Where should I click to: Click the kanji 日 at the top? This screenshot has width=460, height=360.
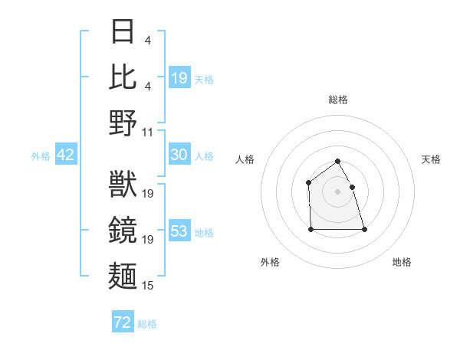(x=123, y=31)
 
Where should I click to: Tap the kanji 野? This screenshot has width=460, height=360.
(x=123, y=123)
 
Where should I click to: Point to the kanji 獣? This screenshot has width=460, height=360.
(x=123, y=185)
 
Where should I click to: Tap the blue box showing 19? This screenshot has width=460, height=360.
(x=179, y=77)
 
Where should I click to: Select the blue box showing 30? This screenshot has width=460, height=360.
(x=179, y=155)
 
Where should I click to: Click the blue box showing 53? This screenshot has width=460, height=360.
(x=179, y=231)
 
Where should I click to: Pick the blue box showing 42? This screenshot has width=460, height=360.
(x=66, y=155)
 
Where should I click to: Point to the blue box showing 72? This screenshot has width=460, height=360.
(x=123, y=322)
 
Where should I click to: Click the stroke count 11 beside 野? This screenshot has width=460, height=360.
(x=149, y=132)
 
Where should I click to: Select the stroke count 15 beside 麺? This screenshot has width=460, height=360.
(x=149, y=286)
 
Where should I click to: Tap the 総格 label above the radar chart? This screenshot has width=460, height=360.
(x=338, y=100)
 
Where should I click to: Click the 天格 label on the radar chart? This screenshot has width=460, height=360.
(x=432, y=159)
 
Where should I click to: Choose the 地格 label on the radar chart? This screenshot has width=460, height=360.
(x=402, y=262)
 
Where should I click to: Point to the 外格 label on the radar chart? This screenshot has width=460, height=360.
(x=270, y=262)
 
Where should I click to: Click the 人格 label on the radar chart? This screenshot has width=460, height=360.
(x=245, y=159)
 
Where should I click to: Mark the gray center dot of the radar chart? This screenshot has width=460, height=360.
(x=337, y=191)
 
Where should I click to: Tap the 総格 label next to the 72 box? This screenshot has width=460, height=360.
(x=147, y=324)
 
